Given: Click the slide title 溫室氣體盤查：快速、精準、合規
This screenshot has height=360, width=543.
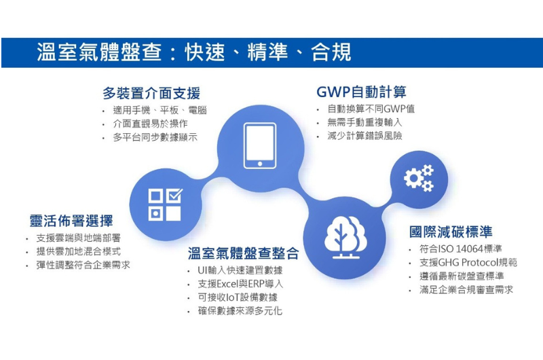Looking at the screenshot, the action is pos(194,52).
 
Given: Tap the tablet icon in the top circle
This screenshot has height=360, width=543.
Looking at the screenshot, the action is pos(260,145).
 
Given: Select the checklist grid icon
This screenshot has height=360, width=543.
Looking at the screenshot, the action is pos(165,204).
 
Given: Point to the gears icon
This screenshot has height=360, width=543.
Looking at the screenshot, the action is pos(419,178).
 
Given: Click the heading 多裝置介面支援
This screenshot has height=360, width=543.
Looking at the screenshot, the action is pos(151,93).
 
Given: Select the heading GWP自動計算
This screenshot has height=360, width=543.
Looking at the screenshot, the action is pos(361,92).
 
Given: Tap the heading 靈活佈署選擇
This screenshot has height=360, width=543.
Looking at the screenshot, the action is pos(71,221).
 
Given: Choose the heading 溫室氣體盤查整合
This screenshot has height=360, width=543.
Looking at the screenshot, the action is pos(243,253).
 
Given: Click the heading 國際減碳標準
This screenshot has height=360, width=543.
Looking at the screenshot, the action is pos(451,232).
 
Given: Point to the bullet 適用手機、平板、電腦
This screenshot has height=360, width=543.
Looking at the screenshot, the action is pos(160,110).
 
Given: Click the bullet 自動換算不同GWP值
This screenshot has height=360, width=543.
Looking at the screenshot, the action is pos(371,109).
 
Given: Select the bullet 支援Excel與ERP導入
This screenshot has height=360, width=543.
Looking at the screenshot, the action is pos(240,284).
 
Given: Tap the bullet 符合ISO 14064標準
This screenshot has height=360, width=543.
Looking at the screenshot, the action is pos(461,249).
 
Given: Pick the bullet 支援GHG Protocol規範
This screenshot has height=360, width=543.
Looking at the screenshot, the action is pos(468,262).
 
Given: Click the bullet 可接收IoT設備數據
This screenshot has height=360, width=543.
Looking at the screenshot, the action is pos(238,298).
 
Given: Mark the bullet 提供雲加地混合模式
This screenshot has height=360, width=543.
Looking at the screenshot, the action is pos(79,251).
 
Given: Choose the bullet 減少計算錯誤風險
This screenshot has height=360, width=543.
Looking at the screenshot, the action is pos(364,135).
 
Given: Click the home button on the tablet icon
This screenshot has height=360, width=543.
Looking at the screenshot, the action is pos(260,164).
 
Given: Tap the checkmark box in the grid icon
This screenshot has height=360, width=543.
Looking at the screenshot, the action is pos(174,195).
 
